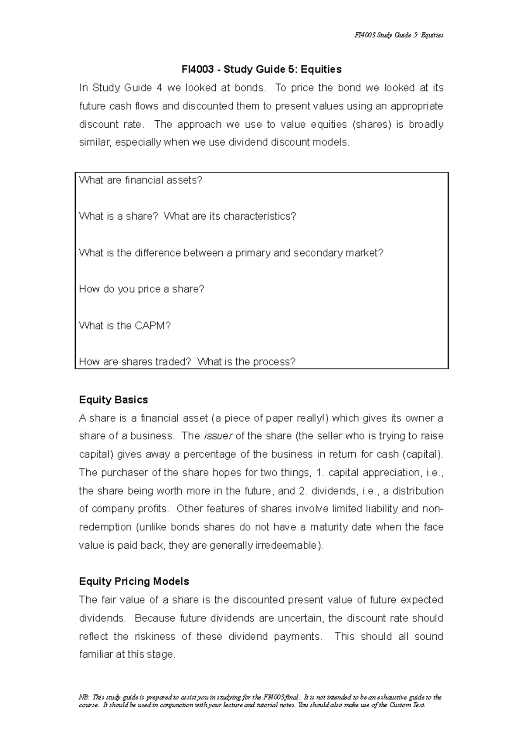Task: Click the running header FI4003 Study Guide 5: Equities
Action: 399,35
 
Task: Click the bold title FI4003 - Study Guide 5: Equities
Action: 261,69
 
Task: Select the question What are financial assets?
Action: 141,180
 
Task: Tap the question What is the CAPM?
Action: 125,326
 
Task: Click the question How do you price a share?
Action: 141,289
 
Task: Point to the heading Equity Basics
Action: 113,400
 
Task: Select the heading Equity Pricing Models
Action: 134,581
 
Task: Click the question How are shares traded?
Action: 135,362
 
